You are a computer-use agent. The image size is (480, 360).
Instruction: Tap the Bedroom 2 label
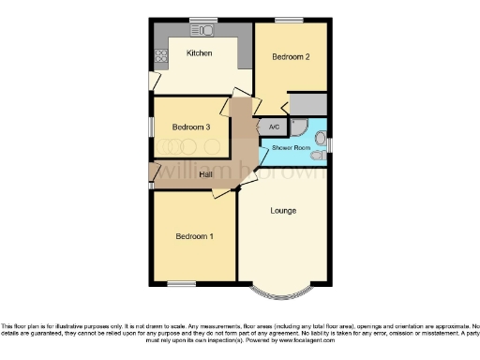click(x=291, y=57)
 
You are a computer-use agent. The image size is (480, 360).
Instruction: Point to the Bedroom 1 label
click(x=194, y=236)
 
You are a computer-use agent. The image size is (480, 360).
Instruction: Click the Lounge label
click(x=283, y=210)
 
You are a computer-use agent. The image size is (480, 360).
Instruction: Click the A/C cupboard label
click(x=274, y=127)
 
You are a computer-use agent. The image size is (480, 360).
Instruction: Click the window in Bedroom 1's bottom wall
click(x=181, y=284)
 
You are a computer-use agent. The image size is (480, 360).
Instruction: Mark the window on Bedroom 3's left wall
click(x=151, y=125)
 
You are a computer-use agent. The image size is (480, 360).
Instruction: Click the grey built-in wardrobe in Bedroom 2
click(x=307, y=103)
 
